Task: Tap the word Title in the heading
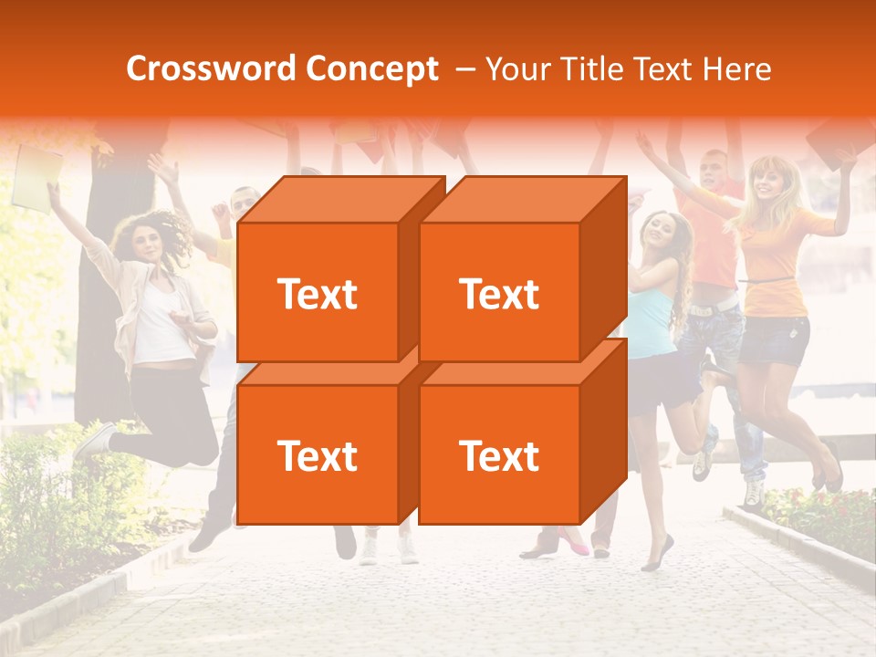pos(592,69)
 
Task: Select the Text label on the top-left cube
pos(317,294)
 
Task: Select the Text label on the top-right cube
pos(498,294)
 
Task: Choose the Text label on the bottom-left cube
pos(317,455)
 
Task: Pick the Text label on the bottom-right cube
pos(498,455)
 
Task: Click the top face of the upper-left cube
pos(342,199)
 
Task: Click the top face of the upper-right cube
pos(524,199)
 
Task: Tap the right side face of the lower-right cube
pos(603,429)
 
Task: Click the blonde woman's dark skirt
pos(774,339)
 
